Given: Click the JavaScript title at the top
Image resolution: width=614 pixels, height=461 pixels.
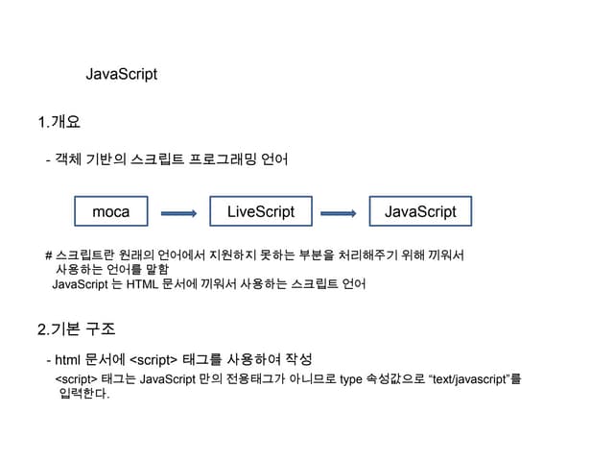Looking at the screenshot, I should pos(122,74).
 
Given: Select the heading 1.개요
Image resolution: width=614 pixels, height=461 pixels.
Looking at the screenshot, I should pos(59,122).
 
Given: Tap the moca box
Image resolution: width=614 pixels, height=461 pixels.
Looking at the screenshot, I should pos(110,211).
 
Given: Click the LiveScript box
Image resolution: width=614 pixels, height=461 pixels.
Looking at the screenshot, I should pos(261,211).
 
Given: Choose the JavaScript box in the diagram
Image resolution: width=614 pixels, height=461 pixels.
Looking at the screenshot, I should pos(420,211).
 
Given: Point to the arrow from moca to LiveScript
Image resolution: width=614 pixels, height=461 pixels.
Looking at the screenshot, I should pos(178,213).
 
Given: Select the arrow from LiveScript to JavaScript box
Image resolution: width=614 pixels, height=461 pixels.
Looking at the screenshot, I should pos(340,213).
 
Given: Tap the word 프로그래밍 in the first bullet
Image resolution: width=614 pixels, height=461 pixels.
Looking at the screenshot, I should pos(230,158).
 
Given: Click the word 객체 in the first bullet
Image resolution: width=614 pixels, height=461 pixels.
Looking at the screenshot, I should pos(69,158).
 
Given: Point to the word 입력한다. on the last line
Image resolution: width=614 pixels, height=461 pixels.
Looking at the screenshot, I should pos(84,395).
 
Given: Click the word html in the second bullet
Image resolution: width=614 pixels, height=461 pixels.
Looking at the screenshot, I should pos(67,360).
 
